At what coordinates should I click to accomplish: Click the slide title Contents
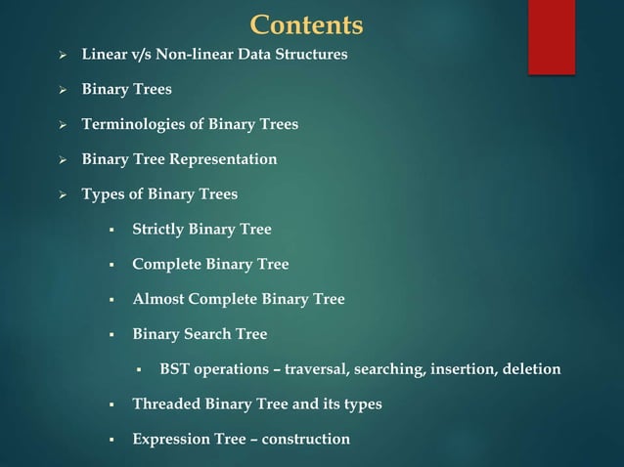pos(306,24)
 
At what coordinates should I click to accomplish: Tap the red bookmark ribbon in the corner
pos(552,36)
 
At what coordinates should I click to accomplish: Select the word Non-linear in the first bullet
pos(180,54)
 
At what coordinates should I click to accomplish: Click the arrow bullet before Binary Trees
pos(62,90)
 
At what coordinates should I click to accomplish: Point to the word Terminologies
pos(127,124)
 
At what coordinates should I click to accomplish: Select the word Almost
pos(156,300)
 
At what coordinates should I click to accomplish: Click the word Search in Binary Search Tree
pos(206,334)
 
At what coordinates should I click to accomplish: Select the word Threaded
pos(165,404)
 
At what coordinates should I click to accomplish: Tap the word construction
pos(303,440)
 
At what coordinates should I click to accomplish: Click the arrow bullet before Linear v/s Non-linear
pos(62,55)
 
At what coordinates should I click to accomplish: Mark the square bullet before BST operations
pos(140,370)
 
